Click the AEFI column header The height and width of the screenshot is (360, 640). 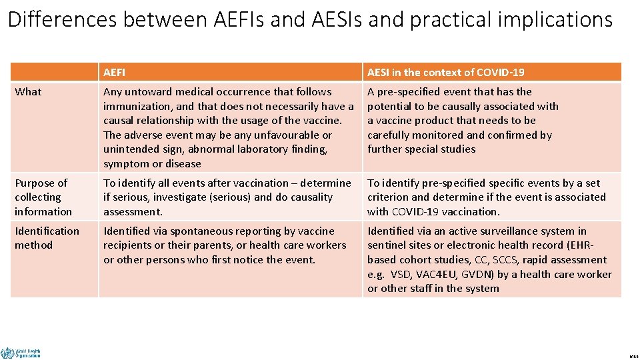coord(114,72)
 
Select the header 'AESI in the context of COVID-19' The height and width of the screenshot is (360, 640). coord(445,72)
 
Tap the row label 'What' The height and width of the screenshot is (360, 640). coord(28,92)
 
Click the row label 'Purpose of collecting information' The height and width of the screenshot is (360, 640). coord(43,197)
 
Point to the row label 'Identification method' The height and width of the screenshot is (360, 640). coord(47,238)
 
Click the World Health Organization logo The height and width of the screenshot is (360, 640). coord(21,352)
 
